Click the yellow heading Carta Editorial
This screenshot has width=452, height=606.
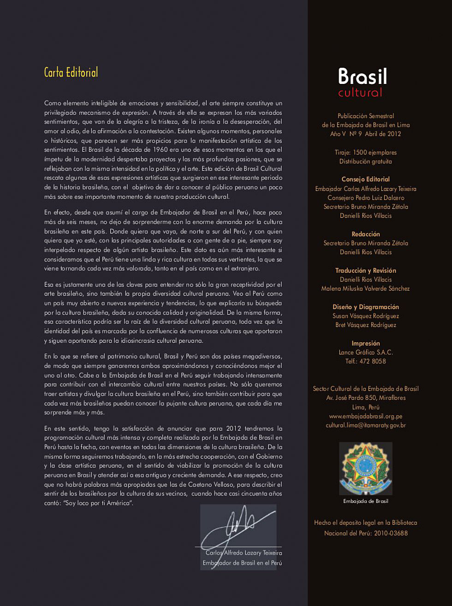[71, 72]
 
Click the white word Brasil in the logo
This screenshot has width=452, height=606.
[362, 77]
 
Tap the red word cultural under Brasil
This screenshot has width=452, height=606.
[360, 93]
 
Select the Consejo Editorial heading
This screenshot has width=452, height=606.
[365, 179]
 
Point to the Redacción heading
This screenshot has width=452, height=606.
[366, 234]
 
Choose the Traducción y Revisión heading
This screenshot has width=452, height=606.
[366, 271]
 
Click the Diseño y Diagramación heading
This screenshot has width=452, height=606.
[366, 307]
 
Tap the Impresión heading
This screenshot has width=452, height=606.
[366, 344]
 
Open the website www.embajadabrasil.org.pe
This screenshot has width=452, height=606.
[366, 416]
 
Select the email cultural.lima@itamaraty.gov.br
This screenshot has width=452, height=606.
[366, 426]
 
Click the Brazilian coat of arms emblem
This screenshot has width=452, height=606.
[366, 469]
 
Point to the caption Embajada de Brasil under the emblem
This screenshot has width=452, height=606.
[366, 501]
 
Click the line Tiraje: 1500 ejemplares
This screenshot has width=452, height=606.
[366, 153]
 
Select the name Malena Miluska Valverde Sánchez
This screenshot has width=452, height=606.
[366, 289]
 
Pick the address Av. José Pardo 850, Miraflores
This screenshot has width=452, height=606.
[366, 398]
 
